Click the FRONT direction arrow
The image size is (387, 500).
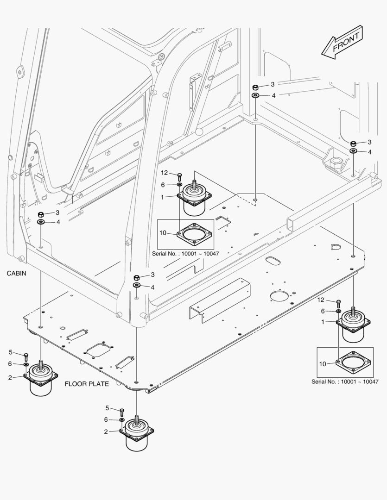coord(342,43)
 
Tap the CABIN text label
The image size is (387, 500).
coord(16,274)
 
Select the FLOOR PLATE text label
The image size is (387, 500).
coord(87,384)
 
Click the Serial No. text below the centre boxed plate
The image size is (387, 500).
coord(185,254)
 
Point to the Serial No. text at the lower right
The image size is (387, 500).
coord(345,382)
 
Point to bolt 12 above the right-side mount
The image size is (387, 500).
coord(339,303)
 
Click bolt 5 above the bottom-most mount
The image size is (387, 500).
coord(122,411)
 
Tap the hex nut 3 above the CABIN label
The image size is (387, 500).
coord(41,215)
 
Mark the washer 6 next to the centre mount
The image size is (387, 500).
coord(179,184)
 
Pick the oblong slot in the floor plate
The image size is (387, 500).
coord(273,262)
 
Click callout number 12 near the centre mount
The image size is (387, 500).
coord(164,173)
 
